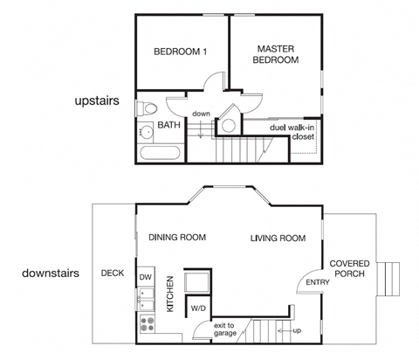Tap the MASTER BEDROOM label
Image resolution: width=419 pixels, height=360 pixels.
(x=276, y=54)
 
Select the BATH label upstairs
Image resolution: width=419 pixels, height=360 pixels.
(x=168, y=126)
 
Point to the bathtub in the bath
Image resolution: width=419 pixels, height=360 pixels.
(x=158, y=154)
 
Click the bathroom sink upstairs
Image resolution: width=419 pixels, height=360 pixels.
(x=143, y=134)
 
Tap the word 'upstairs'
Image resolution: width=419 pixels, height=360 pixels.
(x=96, y=102)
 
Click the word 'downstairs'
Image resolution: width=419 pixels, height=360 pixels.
(x=51, y=273)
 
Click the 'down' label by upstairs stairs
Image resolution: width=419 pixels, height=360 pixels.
(x=201, y=114)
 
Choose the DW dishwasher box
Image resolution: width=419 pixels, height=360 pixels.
(x=145, y=278)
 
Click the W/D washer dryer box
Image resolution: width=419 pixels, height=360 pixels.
(x=198, y=308)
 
